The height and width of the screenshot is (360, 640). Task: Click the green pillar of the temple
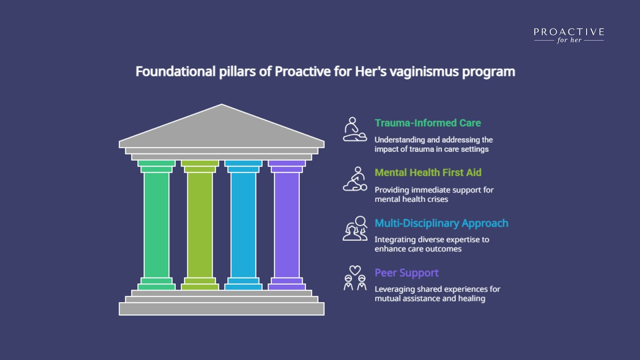pos(156,225)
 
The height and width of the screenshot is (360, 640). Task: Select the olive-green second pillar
pos(200,225)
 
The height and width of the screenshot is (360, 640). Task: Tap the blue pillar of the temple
pos(243,225)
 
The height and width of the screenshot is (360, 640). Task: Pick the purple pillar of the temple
pos(286,225)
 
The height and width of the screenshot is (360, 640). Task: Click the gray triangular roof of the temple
pos(222,128)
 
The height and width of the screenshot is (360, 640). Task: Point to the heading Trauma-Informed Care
pos(428,123)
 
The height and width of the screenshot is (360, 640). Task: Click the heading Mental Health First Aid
pos(428,172)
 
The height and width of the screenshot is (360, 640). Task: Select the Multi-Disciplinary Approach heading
pos(442,224)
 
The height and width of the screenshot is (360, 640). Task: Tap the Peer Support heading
pos(406,273)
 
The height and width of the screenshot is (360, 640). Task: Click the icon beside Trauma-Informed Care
pos(355,129)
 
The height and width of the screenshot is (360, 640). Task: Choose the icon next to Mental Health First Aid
pos(355,179)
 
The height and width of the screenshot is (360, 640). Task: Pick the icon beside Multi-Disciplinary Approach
pos(355,228)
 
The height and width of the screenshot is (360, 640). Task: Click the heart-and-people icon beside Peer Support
pos(355,278)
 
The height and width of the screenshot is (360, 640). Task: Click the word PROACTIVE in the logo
pos(569,32)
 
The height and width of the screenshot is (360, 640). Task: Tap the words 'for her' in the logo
pos(569,40)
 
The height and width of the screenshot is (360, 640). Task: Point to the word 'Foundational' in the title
pos(176,72)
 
